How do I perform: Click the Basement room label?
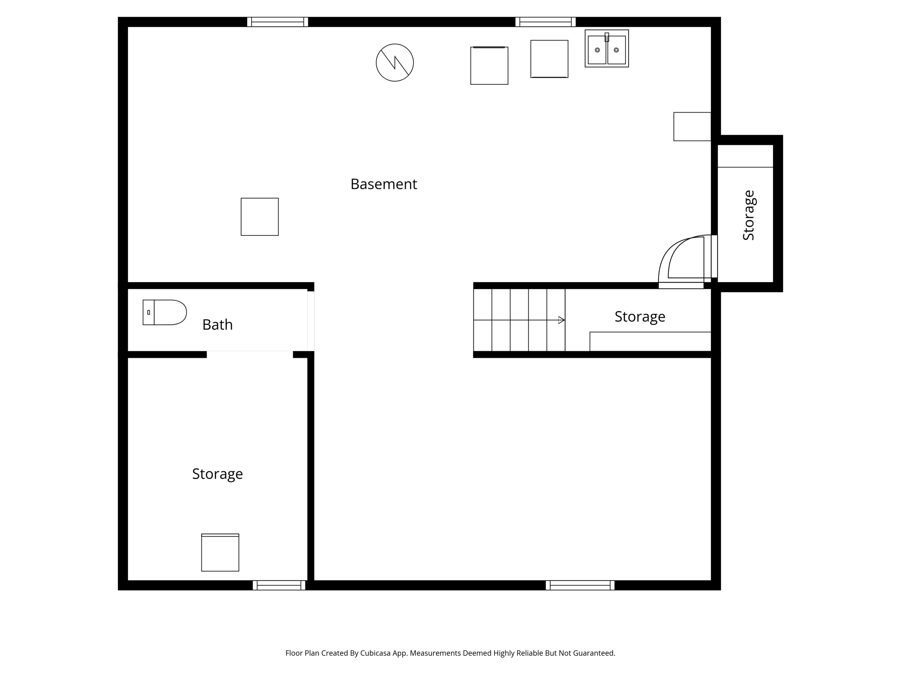(384, 184)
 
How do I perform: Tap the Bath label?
(217, 325)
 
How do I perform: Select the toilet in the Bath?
(165, 312)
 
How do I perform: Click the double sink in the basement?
(606, 49)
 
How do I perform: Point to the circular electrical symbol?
(395, 62)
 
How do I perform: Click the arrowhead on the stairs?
(561, 320)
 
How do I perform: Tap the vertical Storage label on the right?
(748, 215)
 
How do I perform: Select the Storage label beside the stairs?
(640, 316)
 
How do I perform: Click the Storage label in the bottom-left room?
(217, 474)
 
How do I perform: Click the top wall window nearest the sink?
(545, 22)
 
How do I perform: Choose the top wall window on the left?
(277, 22)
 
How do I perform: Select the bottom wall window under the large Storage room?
(279, 585)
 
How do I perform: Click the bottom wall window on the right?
(580, 585)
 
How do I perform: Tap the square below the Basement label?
(260, 217)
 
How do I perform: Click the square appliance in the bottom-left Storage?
(220, 553)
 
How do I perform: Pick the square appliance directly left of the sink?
(549, 59)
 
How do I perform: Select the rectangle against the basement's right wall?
(692, 127)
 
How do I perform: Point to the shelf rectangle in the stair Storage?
(650, 341)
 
